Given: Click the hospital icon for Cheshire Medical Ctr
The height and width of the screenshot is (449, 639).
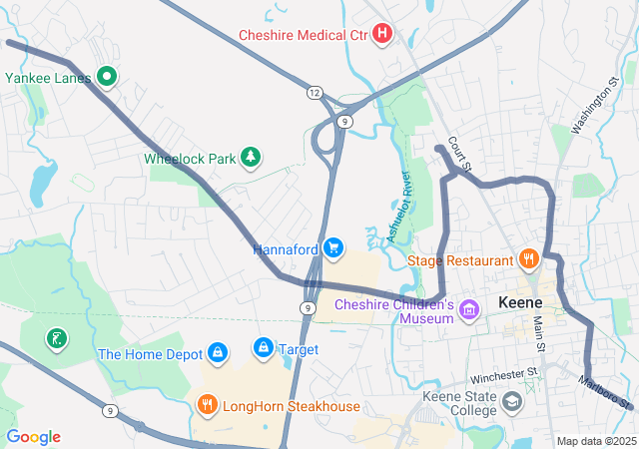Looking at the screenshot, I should coord(381,35).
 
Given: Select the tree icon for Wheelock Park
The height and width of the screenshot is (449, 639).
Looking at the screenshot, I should coord(252,157).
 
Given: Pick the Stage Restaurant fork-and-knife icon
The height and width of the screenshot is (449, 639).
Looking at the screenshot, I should coord(529,260).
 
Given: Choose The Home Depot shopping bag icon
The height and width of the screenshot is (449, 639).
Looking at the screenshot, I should coord(217,352).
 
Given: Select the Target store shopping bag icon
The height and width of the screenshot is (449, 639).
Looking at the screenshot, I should coord(263,347).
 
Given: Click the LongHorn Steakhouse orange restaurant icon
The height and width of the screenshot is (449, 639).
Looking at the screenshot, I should coord(208,405).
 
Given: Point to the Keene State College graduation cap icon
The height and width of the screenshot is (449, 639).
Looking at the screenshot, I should coord(512,401).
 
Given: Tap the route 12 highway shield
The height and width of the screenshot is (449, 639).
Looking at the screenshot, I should coord(315,92).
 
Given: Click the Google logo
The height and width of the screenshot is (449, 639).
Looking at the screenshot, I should coord(34,437).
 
